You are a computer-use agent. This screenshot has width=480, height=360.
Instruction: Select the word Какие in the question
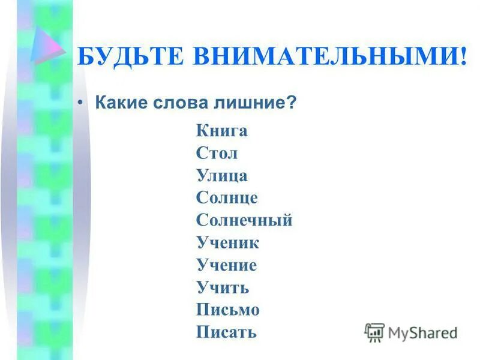click(x=118, y=103)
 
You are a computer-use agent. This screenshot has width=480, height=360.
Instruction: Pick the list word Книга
click(x=221, y=131)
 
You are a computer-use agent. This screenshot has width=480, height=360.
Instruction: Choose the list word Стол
click(x=217, y=153)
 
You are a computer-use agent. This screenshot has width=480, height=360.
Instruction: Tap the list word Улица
click(x=221, y=175)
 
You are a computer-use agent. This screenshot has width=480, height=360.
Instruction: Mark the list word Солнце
click(x=227, y=197)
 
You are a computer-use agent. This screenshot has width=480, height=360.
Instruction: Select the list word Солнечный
click(x=244, y=220)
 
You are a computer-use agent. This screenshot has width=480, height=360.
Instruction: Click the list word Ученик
click(x=227, y=242)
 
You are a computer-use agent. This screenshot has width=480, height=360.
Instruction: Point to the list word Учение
click(x=226, y=265)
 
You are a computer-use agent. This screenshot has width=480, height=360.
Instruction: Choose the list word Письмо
click(x=227, y=310)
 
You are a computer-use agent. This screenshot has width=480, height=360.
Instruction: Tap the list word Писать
click(x=226, y=332)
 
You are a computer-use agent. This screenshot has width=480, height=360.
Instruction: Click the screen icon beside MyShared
click(x=374, y=332)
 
